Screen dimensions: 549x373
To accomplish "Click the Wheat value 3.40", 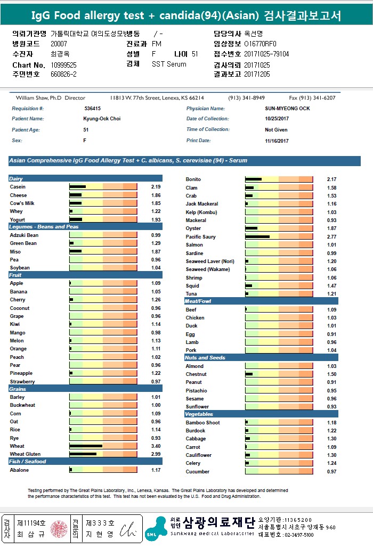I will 155,446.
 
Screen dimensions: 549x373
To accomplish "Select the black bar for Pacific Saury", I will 257,236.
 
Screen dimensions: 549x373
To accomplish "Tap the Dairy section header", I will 17,179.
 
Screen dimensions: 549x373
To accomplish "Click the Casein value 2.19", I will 156,187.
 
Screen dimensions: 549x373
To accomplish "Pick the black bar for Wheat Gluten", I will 83,454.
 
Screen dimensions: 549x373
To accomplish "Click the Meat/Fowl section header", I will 198,301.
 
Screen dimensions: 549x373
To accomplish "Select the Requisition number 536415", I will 92,109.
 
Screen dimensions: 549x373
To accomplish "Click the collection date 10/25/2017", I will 276,119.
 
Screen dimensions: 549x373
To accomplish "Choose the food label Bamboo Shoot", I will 202,423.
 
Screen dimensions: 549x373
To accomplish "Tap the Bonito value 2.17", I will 331,179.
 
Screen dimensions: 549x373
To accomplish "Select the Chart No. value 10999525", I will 64,65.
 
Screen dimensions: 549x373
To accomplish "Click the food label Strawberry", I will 22,382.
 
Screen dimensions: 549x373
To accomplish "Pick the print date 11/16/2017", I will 277,141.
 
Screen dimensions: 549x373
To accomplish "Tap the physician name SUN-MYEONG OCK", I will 287,109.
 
